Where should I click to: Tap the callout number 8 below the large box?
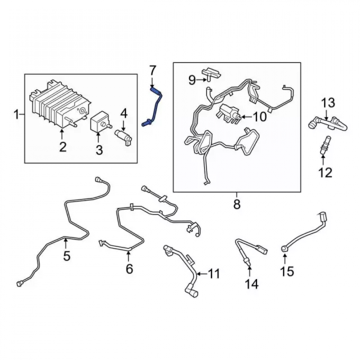pos(237,204)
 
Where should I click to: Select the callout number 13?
pos(328,103)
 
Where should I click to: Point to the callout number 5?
pos(67,256)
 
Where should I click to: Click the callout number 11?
pos(214,274)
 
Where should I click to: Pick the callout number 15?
pos(287,271)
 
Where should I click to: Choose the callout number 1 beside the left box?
pos(17,114)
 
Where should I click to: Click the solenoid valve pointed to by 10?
pos(229,113)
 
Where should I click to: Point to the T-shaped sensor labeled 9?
pos(211,74)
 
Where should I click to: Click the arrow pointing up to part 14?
pos(249,271)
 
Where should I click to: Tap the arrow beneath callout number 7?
pos(152,82)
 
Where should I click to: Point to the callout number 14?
pos(252,284)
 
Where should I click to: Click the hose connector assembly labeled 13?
pos(328,123)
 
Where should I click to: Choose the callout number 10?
pos(260,117)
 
